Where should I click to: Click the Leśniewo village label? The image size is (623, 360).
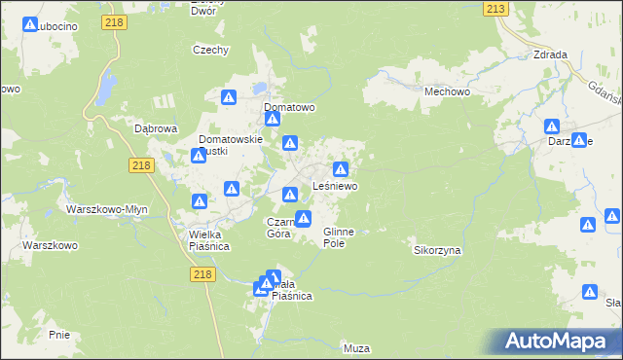[x=335, y=185]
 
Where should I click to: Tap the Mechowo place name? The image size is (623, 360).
[x=447, y=90]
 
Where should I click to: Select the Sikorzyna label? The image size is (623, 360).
[x=437, y=250]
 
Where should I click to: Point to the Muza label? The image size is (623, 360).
[x=356, y=347]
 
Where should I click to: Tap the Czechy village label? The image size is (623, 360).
[x=210, y=50]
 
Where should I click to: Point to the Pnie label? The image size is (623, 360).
[x=58, y=334]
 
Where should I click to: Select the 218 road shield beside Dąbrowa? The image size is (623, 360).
[x=140, y=166]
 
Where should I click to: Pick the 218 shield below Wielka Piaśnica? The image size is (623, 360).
[x=202, y=276]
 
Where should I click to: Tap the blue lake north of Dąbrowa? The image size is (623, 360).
[x=101, y=91]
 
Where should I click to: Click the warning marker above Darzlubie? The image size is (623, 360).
[x=552, y=126]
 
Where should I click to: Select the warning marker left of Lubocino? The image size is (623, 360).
[x=30, y=25]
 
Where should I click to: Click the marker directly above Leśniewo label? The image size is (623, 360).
[x=341, y=169]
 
